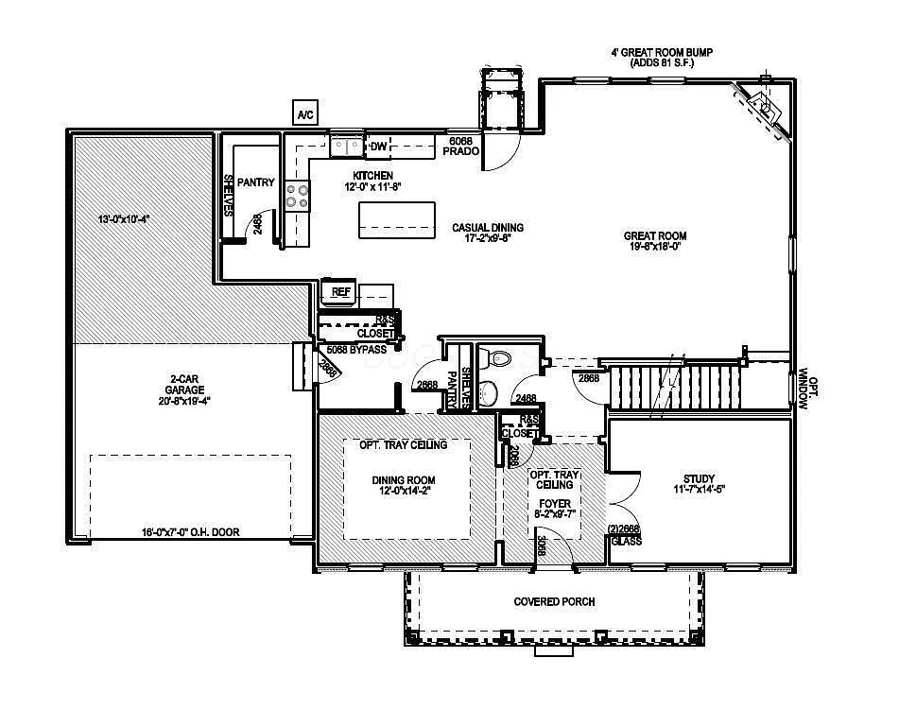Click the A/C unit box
tap(305, 114)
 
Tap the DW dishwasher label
tap(378, 146)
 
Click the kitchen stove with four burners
tap(298, 195)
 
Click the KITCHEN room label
tap(372, 176)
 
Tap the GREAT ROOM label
tap(654, 235)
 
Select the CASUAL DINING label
tap(487, 227)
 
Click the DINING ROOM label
tap(404, 480)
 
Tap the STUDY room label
tap(699, 478)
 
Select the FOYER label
tap(552, 503)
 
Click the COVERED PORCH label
tap(554, 601)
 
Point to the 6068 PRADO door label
tap(463, 145)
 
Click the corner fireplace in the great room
tap(763, 109)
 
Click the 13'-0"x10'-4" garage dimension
tap(125, 218)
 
